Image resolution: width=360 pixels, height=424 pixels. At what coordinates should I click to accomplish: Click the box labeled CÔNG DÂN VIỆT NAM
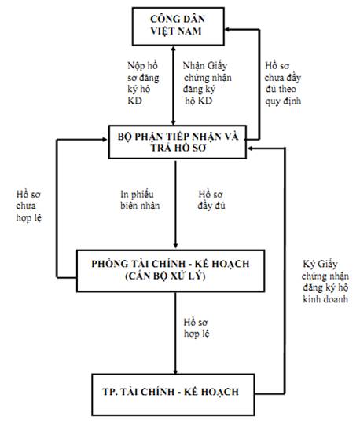click(x=178, y=26)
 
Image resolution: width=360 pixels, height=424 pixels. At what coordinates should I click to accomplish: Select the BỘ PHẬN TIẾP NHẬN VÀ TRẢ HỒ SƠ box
click(x=178, y=142)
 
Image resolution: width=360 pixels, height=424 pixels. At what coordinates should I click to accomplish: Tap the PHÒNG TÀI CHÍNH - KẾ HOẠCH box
click(x=171, y=271)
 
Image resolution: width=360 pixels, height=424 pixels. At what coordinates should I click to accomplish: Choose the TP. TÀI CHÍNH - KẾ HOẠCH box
click(x=173, y=394)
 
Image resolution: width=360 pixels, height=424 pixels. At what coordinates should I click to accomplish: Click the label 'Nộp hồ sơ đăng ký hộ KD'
click(x=143, y=83)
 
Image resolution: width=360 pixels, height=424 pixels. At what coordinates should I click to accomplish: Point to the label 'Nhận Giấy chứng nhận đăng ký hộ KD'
click(x=207, y=83)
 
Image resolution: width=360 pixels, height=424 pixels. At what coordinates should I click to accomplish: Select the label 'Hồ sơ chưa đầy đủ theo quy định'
click(x=283, y=83)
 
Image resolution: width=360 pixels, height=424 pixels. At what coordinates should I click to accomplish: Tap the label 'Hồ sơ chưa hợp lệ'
click(x=29, y=206)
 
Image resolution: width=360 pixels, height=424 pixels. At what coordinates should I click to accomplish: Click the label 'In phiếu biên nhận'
click(x=140, y=200)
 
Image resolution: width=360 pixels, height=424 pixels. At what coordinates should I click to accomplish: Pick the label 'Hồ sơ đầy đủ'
click(x=211, y=200)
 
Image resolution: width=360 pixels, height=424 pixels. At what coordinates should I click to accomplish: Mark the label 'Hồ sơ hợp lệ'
click(x=196, y=327)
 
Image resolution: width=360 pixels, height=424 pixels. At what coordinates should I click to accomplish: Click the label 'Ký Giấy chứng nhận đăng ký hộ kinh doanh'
click(x=325, y=281)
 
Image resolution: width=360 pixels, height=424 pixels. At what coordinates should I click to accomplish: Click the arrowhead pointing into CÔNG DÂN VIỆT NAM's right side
click(x=228, y=29)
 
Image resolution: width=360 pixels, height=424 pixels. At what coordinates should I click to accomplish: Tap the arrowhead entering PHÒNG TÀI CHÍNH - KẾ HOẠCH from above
click(x=175, y=245)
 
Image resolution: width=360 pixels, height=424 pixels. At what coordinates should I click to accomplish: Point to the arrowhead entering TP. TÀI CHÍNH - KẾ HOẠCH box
click(x=175, y=371)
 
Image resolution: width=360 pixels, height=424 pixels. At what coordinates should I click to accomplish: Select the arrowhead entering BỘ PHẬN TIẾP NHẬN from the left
click(x=105, y=139)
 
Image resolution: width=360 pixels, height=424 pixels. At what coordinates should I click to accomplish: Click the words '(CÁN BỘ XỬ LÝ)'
click(x=165, y=276)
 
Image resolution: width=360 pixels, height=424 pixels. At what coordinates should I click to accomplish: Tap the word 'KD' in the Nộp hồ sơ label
click(x=134, y=101)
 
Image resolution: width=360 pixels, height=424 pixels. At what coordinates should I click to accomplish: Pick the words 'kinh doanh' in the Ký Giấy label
click(x=325, y=299)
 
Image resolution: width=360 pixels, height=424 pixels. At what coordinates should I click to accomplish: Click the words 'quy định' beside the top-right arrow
click(x=283, y=101)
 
